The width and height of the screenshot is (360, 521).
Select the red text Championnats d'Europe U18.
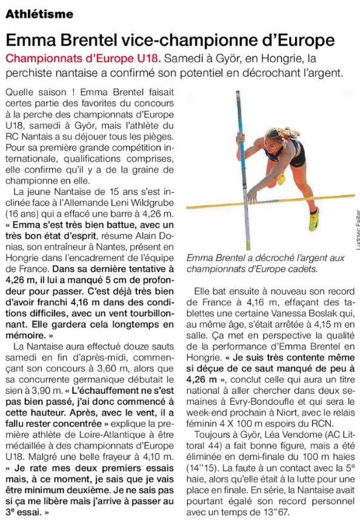coord(83,59)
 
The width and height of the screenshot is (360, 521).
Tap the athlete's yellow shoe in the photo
coord(313,219)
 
